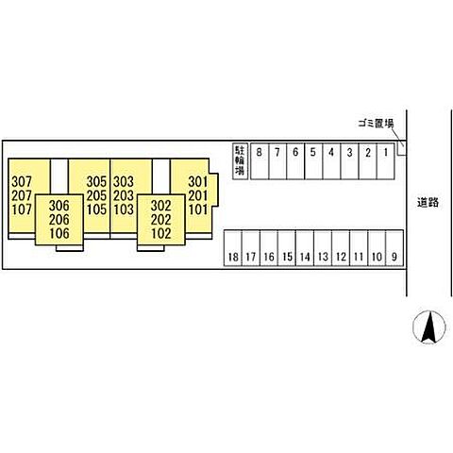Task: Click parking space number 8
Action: (x=260, y=161)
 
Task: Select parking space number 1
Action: (x=386, y=161)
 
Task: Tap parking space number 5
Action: (x=313, y=161)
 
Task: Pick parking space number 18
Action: (x=233, y=248)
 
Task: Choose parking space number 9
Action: (x=394, y=248)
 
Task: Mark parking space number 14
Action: (x=305, y=248)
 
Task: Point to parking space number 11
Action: (x=359, y=248)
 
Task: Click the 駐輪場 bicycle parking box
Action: (x=241, y=161)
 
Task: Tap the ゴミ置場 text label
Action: (x=376, y=123)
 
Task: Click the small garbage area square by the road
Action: (x=402, y=148)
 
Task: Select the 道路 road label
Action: (x=428, y=202)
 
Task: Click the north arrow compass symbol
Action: (x=429, y=327)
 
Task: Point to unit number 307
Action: (x=22, y=182)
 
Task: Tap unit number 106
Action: (x=59, y=233)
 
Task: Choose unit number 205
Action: (x=96, y=195)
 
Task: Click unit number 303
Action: (x=124, y=182)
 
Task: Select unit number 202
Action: (x=161, y=220)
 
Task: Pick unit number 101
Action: (x=198, y=210)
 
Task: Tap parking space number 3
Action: (x=349, y=161)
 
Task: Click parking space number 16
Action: (x=269, y=248)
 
